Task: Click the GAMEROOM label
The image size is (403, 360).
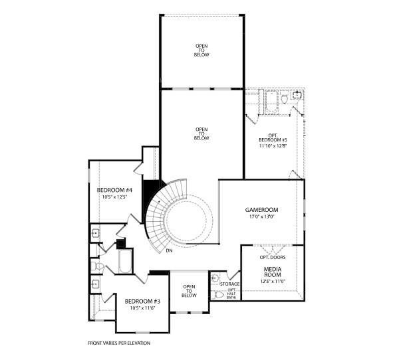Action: tap(261, 210)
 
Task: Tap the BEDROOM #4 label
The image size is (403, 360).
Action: tap(114, 190)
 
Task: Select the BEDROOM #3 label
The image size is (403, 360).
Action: tap(142, 301)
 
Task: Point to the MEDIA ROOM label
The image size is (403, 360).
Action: tap(273, 272)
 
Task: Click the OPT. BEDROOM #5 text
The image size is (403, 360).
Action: tap(273, 137)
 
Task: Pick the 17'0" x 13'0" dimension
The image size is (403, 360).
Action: tap(261, 217)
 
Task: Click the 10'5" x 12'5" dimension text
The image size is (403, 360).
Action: tap(114, 197)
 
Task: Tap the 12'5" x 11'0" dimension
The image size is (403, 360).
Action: tap(273, 281)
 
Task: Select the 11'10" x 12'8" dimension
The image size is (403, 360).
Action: tap(273, 145)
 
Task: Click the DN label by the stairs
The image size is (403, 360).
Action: tap(169, 250)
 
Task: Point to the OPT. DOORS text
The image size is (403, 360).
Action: tap(273, 257)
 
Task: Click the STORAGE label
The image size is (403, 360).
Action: tap(229, 284)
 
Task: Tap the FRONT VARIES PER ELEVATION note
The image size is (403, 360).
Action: tap(119, 343)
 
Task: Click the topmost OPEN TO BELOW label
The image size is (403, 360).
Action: tap(201, 50)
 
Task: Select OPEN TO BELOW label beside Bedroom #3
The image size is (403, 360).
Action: tap(189, 291)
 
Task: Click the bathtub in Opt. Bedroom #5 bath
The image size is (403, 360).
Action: tap(271, 102)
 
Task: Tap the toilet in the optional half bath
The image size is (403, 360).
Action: tap(218, 295)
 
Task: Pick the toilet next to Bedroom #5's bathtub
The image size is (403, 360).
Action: tap(284, 98)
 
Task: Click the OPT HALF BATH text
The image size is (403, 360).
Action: tap(231, 294)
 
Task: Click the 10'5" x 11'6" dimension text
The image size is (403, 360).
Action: tap(142, 308)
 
